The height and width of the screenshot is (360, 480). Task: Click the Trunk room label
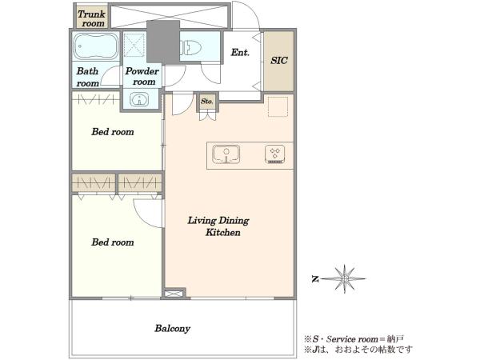tap(91, 18)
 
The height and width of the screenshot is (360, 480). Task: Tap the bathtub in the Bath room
tap(95, 46)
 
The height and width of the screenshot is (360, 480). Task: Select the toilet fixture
tap(190, 48)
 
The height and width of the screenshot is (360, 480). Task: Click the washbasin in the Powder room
tap(139, 99)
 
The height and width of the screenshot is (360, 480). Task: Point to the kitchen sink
tap(226, 154)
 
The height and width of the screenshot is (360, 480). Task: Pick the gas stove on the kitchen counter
tap(275, 154)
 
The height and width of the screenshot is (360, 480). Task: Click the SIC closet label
tap(279, 60)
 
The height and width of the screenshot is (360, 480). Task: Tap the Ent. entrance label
tap(240, 52)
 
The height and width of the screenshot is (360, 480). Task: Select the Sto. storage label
tap(207, 102)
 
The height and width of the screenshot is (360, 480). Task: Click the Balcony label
tap(172, 329)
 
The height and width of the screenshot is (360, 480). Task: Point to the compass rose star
tap(344, 279)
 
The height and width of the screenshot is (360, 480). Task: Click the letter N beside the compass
tap(315, 279)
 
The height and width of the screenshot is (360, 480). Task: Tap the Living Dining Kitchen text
tap(218, 226)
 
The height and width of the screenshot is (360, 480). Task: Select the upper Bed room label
tap(113, 132)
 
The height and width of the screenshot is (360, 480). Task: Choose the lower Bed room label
tap(113, 242)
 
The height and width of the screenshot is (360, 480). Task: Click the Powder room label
tap(142, 76)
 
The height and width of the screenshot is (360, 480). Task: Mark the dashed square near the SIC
tap(278, 107)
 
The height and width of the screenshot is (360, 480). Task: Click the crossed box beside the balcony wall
tap(174, 294)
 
